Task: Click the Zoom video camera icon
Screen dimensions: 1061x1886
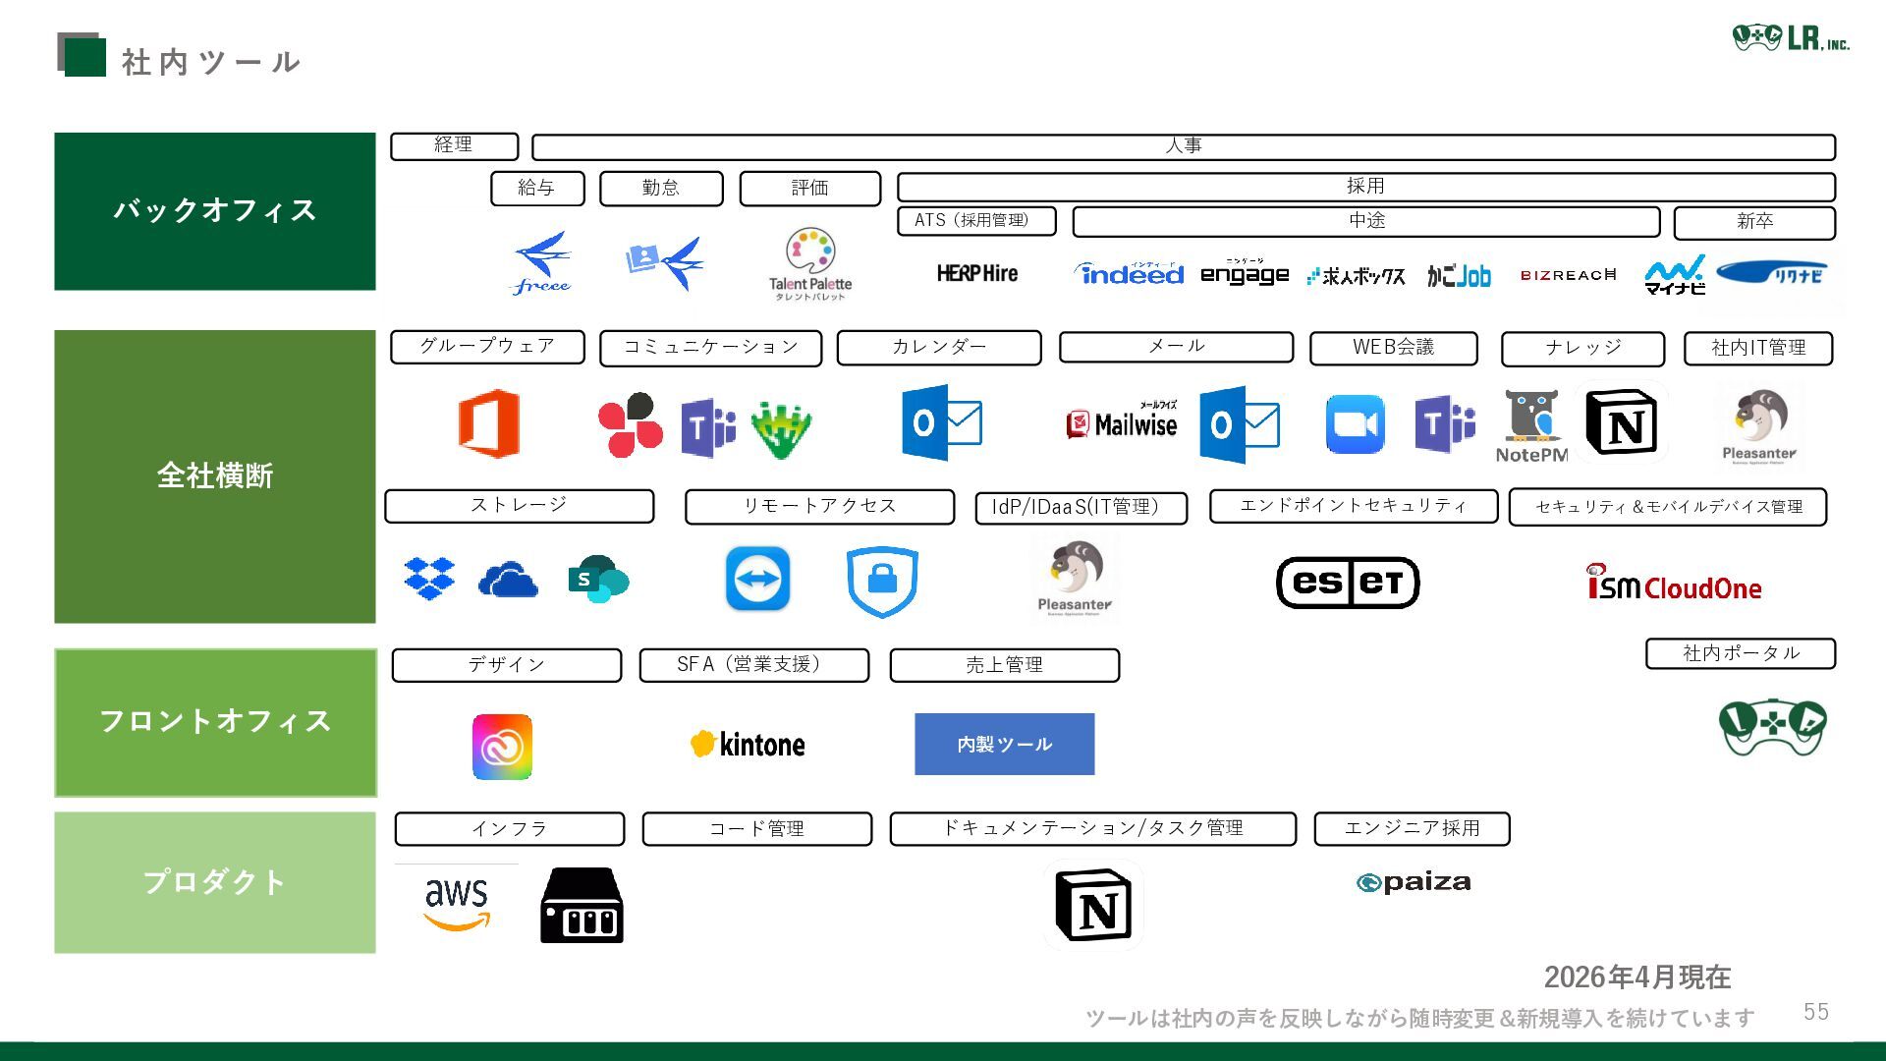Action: [1355, 424]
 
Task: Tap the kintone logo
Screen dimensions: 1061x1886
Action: [748, 745]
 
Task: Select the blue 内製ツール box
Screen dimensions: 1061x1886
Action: [1004, 745]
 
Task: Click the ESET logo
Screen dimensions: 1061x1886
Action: [1348, 583]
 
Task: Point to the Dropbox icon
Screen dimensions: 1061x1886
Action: [429, 579]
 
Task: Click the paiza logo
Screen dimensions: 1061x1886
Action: [1414, 882]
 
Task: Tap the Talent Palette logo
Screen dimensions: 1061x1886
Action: [810, 263]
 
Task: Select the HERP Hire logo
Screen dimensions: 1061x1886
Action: [976, 274]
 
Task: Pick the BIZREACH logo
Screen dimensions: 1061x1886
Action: [1568, 275]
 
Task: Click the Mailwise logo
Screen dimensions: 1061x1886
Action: [1122, 423]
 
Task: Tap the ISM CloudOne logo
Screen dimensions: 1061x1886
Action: [1674, 585]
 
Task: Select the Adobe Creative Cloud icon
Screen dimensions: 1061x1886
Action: [502, 747]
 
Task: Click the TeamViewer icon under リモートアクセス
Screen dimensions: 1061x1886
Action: [757, 579]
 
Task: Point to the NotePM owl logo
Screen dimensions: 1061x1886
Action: [1531, 425]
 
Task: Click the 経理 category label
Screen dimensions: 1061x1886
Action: [454, 145]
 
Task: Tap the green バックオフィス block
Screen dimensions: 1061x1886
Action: [214, 211]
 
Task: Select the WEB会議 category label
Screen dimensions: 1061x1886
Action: [1393, 348]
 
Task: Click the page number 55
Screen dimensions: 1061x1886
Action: [1815, 1012]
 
